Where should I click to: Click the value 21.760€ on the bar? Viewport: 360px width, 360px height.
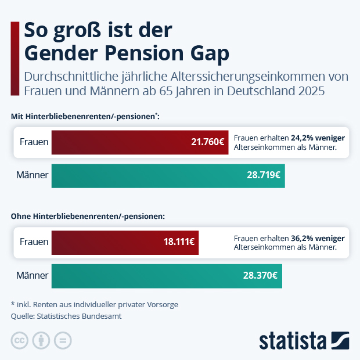pos(208,142)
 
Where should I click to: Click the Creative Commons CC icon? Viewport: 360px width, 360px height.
pos(20,340)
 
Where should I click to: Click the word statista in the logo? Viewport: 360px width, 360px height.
pos(293,340)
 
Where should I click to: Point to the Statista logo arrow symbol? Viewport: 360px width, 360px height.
pos(340,340)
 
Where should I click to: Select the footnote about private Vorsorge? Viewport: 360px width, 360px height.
pos(94,304)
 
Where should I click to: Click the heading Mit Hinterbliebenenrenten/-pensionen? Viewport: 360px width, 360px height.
pos(85,117)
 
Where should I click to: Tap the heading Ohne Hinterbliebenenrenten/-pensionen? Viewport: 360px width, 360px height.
pos(88,216)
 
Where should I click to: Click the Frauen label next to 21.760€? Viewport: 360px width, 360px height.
pos(34,142)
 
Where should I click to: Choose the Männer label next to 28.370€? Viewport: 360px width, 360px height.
pos(33,275)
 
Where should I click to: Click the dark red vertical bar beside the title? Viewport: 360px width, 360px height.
pos(15,58)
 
